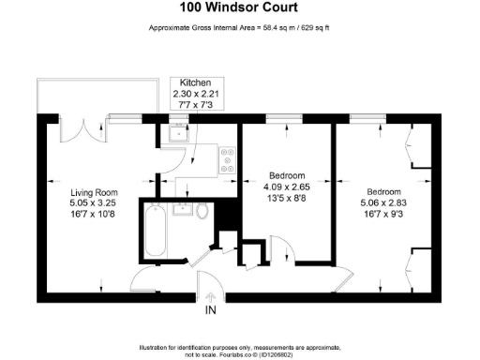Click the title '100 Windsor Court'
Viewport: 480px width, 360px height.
tap(240, 8)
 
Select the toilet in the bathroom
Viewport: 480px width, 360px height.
tap(202, 211)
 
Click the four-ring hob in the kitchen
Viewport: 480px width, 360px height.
tap(226, 158)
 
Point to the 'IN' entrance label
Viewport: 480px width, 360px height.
tap(211, 310)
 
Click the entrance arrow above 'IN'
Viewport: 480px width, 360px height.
tap(211, 298)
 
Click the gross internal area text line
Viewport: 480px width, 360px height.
tap(240, 27)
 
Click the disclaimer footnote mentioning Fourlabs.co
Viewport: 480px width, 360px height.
tap(240, 350)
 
